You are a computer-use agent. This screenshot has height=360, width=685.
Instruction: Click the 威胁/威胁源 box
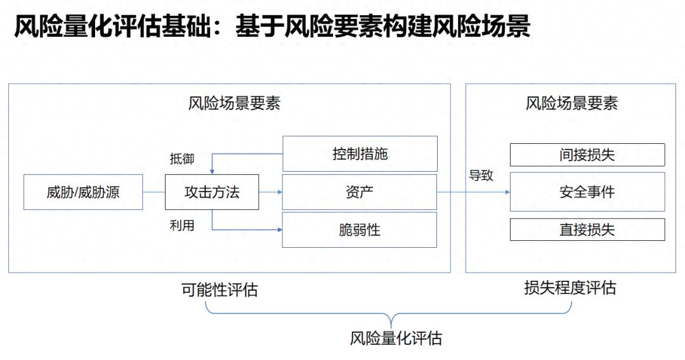click(82, 192)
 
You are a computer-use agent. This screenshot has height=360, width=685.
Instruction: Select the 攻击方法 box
click(212, 192)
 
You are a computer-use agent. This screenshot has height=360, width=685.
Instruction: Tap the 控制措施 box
click(360, 153)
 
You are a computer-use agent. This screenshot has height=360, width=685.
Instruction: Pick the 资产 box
click(360, 192)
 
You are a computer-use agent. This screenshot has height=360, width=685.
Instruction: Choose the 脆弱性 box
click(360, 229)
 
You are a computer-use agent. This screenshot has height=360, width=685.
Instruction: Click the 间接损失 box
click(587, 155)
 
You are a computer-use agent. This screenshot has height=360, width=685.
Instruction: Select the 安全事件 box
click(587, 192)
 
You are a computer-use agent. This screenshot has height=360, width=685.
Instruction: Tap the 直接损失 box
click(587, 229)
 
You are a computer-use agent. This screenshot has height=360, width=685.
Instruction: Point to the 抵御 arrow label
click(182, 158)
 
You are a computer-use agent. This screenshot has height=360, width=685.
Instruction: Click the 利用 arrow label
click(182, 225)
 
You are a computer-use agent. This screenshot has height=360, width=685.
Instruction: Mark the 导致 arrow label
click(481, 176)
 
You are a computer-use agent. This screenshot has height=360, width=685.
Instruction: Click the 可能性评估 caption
click(219, 290)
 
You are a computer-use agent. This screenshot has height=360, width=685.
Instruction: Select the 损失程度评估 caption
click(570, 288)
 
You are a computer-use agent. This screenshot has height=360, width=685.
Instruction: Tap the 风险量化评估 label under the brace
click(396, 338)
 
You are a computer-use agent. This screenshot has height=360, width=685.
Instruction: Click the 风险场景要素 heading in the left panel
click(234, 103)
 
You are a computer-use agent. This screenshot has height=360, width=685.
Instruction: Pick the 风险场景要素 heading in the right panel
click(571, 103)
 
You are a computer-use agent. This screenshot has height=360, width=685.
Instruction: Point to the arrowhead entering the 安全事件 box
click(507, 192)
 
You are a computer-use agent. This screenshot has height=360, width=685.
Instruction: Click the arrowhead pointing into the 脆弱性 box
click(279, 229)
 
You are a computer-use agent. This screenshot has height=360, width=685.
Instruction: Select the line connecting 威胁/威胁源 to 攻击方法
click(153, 192)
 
